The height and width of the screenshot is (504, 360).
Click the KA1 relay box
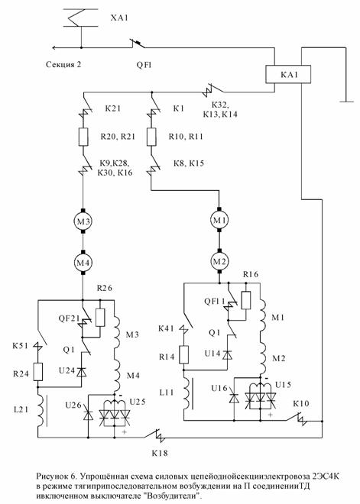(288, 74)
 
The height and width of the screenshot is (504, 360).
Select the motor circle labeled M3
(83, 221)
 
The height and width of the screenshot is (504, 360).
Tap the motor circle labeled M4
(83, 263)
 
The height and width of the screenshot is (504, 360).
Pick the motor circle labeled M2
(219, 261)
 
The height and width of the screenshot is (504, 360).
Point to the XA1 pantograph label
(120, 18)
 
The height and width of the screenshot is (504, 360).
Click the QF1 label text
(144, 65)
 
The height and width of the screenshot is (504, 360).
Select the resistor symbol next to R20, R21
(83, 137)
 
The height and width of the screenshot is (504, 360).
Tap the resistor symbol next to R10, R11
(151, 137)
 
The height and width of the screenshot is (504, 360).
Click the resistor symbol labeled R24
(38, 372)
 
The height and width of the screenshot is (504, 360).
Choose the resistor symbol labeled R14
(183, 355)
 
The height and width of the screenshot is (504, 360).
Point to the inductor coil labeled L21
(41, 409)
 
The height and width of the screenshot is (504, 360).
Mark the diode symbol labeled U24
(82, 372)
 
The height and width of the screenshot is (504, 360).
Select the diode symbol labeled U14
(228, 355)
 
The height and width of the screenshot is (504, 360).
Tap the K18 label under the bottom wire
(160, 453)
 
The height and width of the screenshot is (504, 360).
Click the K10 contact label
(301, 404)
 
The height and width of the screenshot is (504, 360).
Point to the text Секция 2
(63, 65)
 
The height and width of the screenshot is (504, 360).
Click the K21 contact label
(113, 108)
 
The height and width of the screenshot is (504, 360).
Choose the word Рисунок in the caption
(51, 476)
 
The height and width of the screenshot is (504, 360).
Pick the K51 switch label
(21, 346)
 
